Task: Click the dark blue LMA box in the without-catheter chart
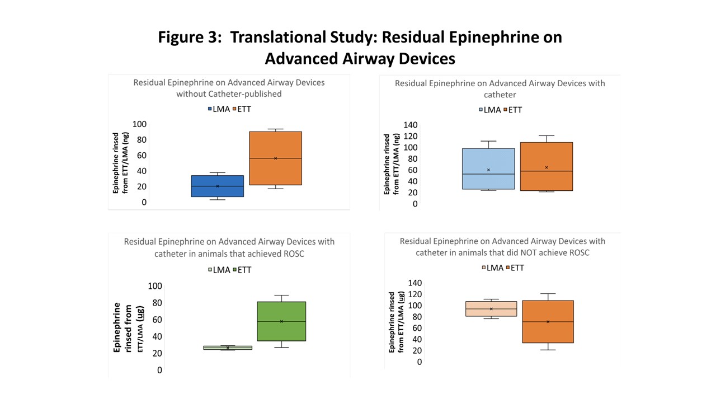pyautogui.click(x=218, y=186)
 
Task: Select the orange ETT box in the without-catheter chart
pyautogui.click(x=276, y=158)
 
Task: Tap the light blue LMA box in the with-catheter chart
pyautogui.click(x=488, y=169)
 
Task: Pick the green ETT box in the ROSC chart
pyautogui.click(x=281, y=321)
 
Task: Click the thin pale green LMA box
pyautogui.click(x=228, y=348)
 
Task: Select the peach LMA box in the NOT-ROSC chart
pyautogui.click(x=491, y=308)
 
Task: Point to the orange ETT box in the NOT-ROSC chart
pyautogui.click(x=548, y=321)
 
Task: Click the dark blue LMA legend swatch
pyautogui.click(x=210, y=109)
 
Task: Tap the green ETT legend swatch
pyautogui.click(x=235, y=270)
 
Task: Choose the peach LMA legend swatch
pyautogui.click(x=484, y=268)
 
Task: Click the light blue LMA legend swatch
pyautogui.click(x=481, y=110)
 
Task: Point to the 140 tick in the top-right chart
pyautogui.click(x=411, y=125)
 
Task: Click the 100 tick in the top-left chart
pyautogui.click(x=139, y=124)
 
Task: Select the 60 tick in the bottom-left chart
pyautogui.click(x=157, y=320)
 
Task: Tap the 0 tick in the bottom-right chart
pyautogui.click(x=420, y=362)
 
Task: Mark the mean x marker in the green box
pyautogui.click(x=281, y=321)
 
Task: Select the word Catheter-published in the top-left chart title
pyautogui.click(x=245, y=94)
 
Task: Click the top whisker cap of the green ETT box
pyautogui.click(x=281, y=295)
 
